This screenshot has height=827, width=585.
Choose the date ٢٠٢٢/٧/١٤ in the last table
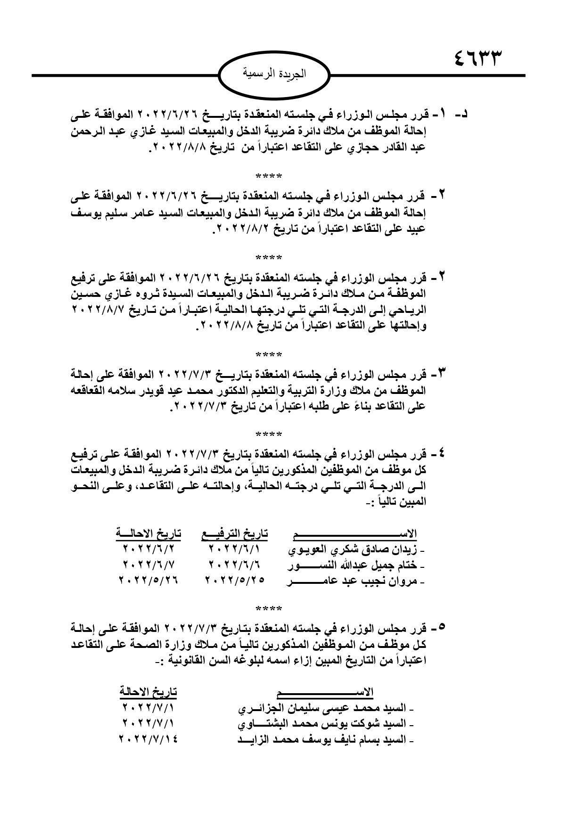point(149,739)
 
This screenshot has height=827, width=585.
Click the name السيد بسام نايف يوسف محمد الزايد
point(325,740)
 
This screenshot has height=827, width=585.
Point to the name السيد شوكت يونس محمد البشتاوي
point(325,724)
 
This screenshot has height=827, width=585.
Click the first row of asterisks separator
point(269,177)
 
